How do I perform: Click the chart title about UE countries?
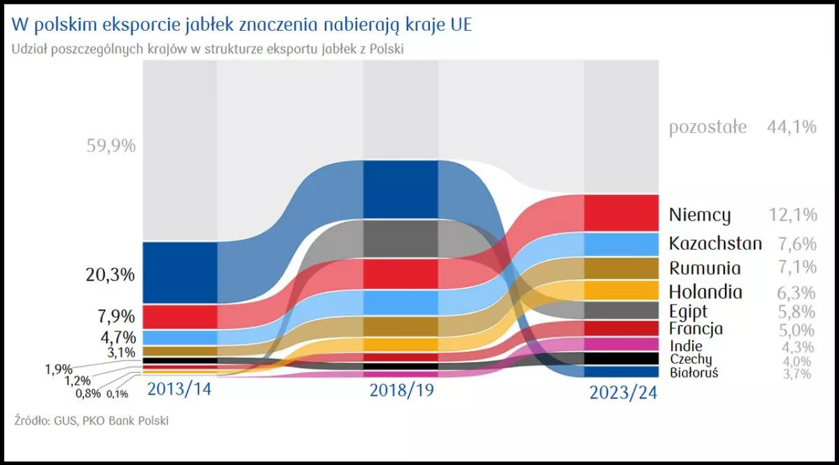click(241, 24)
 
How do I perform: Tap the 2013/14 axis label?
click(179, 388)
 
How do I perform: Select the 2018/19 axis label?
click(401, 390)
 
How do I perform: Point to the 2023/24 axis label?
click(622, 392)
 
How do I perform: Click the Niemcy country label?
click(699, 215)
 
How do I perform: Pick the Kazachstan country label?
click(715, 244)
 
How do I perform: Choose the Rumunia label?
click(705, 268)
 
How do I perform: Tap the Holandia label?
click(705, 292)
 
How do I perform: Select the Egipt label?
click(688, 311)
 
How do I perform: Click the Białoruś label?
click(694, 373)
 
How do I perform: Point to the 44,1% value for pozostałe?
click(792, 127)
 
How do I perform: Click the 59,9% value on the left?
click(111, 145)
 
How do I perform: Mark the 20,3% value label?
click(110, 274)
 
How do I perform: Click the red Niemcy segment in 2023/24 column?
click(621, 212)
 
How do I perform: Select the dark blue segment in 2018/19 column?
click(400, 189)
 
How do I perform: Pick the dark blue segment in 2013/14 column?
click(179, 272)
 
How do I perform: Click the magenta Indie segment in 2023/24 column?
click(621, 344)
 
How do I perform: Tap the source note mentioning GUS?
click(91, 420)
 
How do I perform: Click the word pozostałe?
click(707, 127)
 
